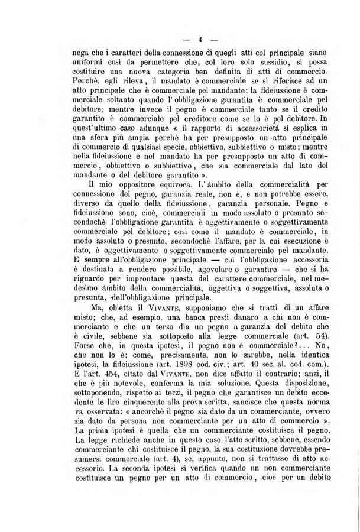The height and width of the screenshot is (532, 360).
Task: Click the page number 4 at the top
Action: coord(200,40)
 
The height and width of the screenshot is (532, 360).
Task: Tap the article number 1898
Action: coord(203,382)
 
